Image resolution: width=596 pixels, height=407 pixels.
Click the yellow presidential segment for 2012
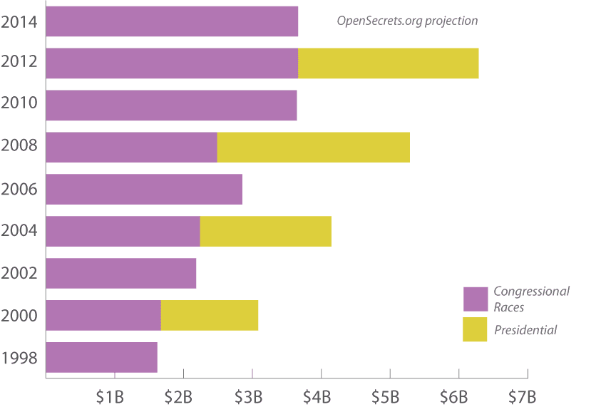coord(388,63)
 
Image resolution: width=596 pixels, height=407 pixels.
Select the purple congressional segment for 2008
coord(131,148)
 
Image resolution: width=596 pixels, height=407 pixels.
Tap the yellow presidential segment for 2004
coord(265,232)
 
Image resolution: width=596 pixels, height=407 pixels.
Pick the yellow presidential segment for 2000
coord(209,315)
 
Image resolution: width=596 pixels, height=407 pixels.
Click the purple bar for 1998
coord(101,357)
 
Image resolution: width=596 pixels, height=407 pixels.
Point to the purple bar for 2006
coord(144,190)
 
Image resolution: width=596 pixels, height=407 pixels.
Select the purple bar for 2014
coord(172,21)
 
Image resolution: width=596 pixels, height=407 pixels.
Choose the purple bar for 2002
coord(120,274)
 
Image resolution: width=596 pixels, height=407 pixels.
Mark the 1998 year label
coord(19,358)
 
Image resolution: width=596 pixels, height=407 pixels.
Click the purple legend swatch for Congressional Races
coord(476,299)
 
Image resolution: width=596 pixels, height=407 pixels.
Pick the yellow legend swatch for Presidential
coord(476,329)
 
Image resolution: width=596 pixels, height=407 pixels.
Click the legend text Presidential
coord(525,330)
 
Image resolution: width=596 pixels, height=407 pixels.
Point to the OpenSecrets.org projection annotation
coord(407,21)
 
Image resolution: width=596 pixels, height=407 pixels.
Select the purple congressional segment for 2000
coord(103,315)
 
